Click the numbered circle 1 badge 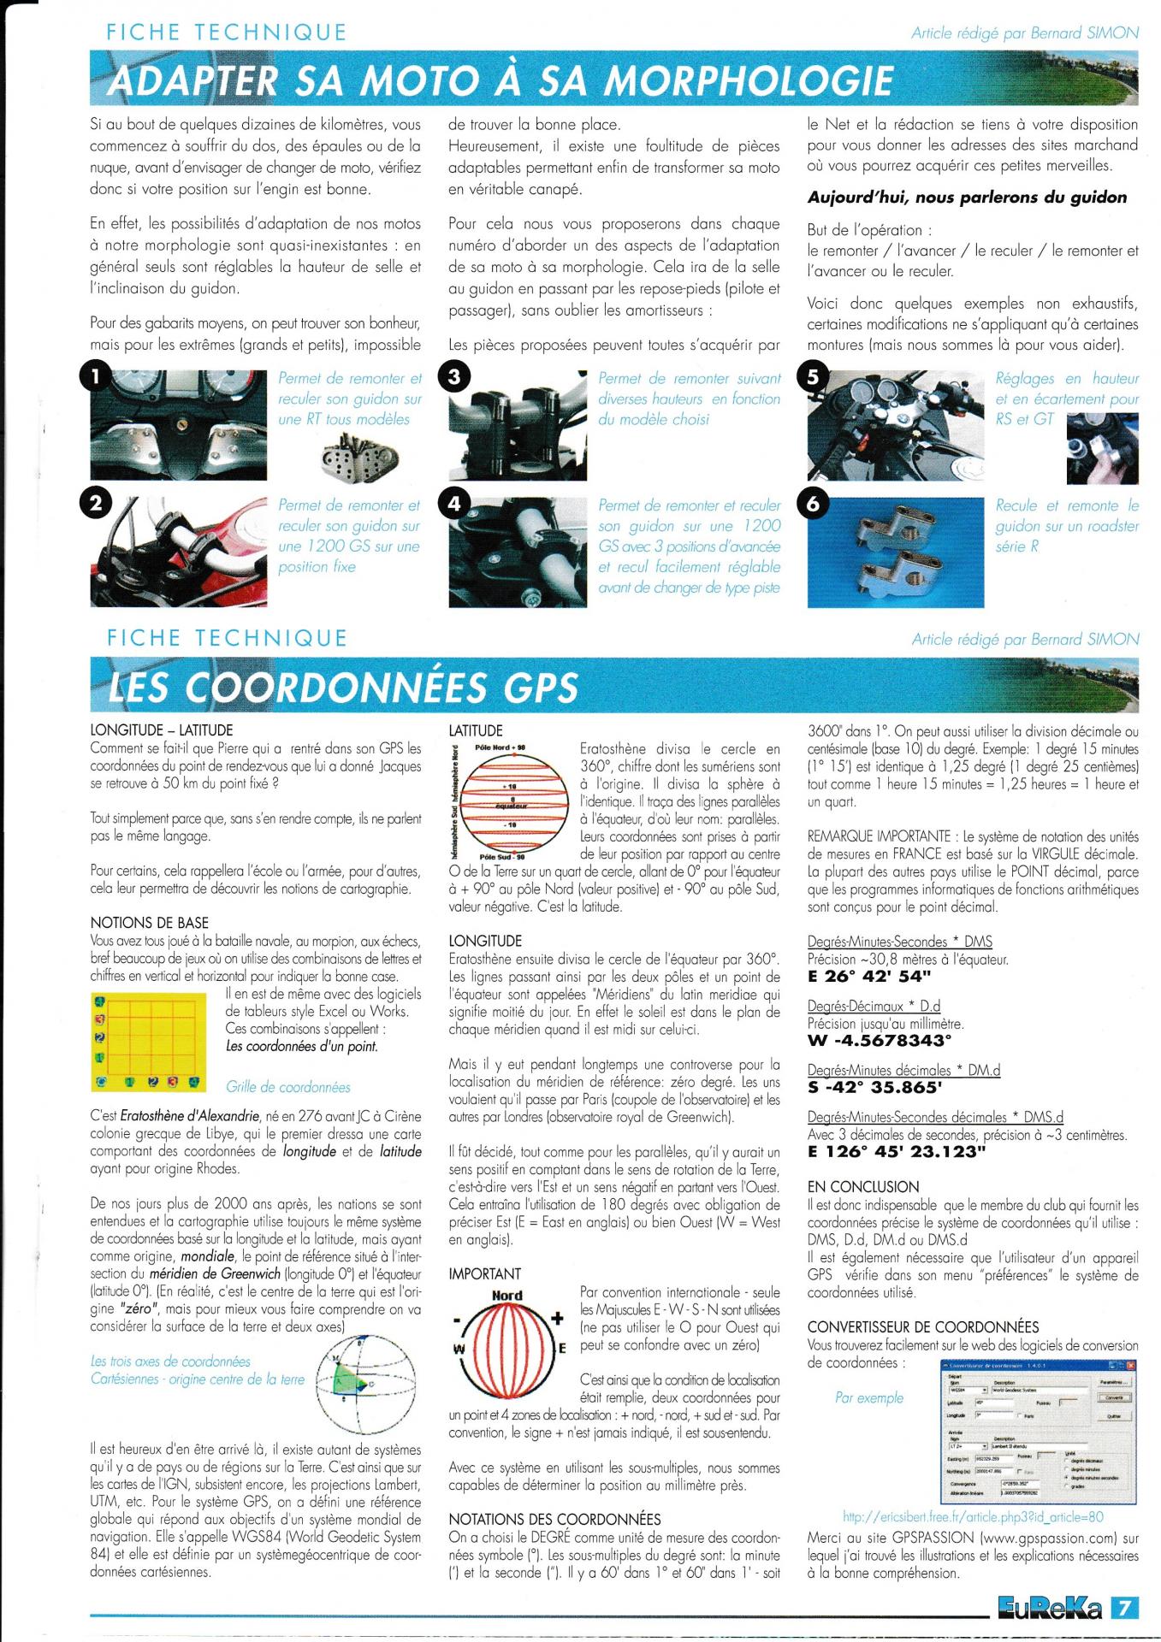(97, 375)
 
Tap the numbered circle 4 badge (453, 504)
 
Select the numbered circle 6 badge (813, 504)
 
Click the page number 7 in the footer (1124, 1608)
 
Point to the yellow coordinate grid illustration (149, 1042)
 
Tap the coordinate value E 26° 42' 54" (869, 976)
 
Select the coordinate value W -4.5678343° (880, 1041)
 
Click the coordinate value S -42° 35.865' (874, 1088)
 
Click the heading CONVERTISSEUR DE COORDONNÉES (922, 1326)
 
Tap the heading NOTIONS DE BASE (149, 922)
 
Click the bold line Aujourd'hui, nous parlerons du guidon (967, 198)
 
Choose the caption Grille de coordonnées (287, 1087)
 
